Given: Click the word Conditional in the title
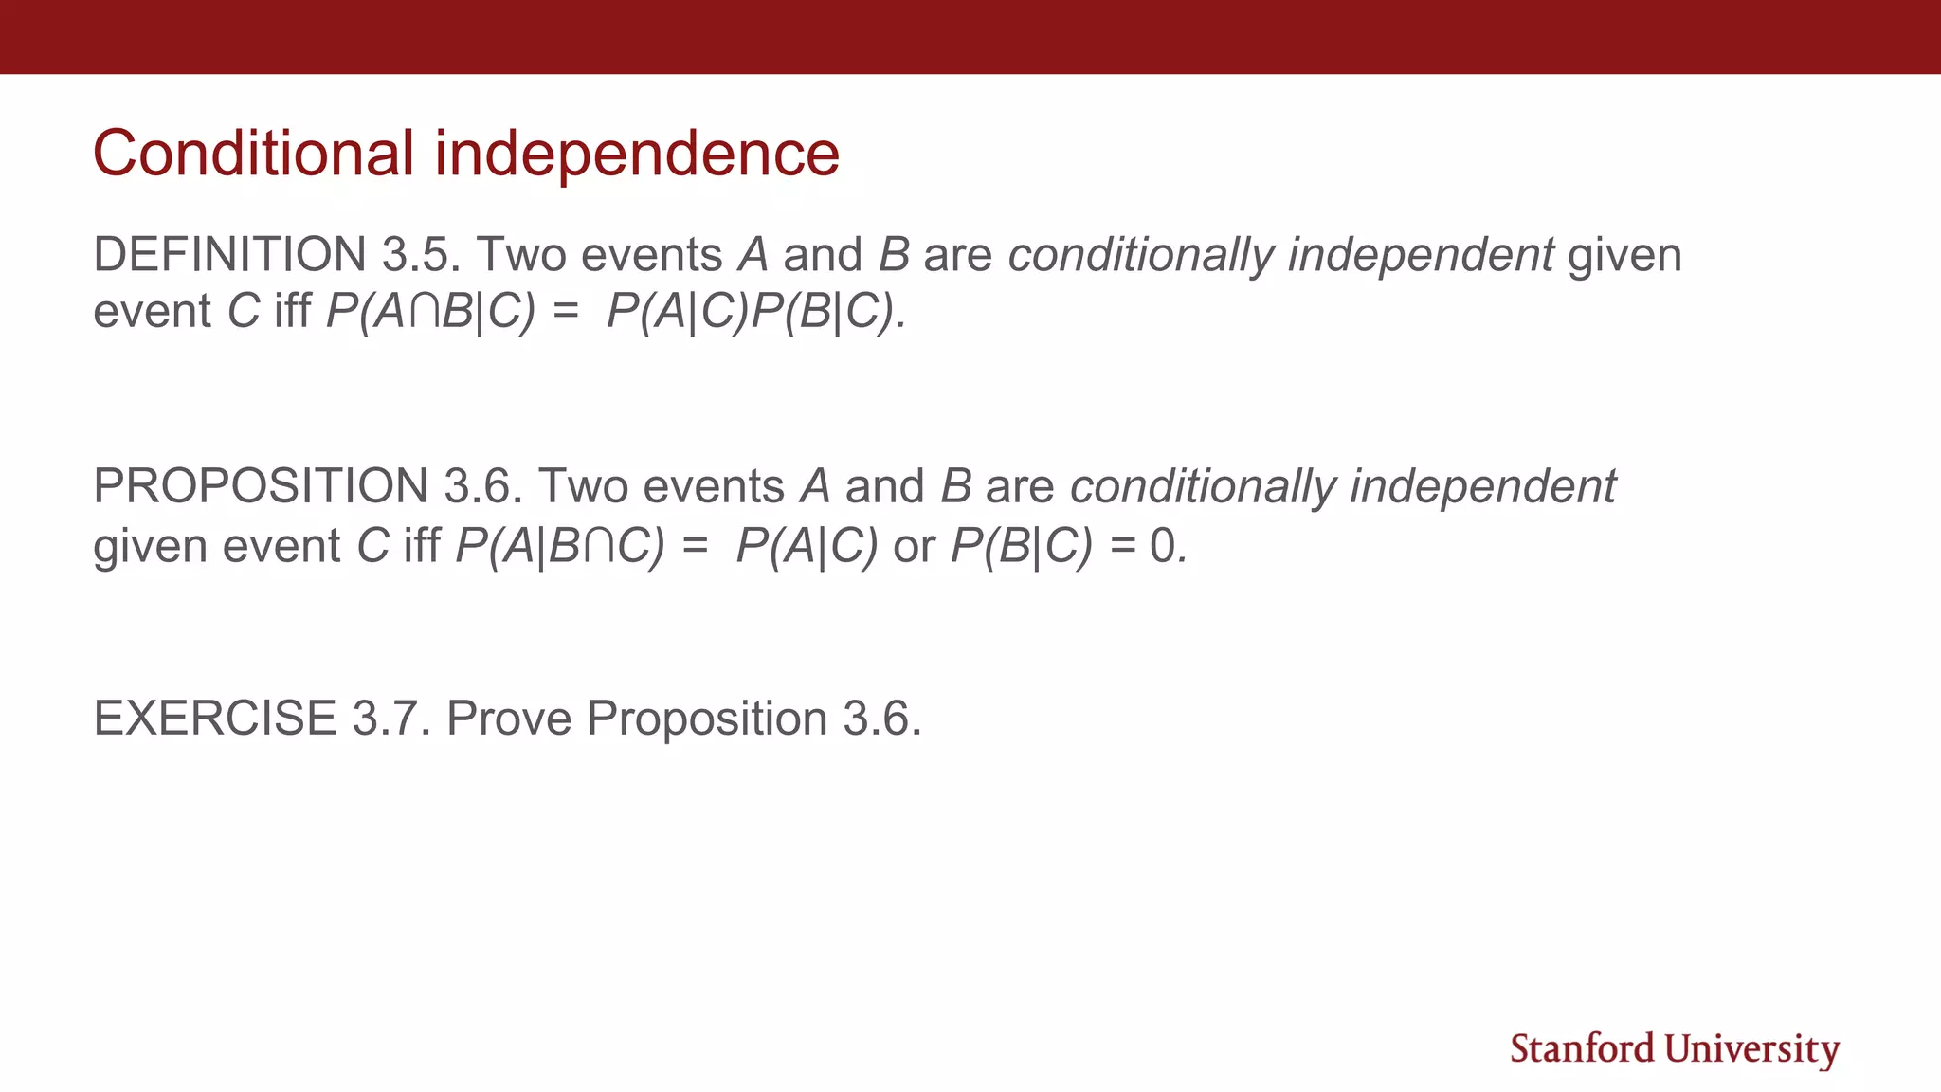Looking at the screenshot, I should point(253,153).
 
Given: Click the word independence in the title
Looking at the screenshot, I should point(637,153).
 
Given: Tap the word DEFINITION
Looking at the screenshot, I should point(229,254).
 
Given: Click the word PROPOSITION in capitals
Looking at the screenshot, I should point(261,485).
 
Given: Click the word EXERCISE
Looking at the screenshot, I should point(214,718).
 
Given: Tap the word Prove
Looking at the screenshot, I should point(509,718).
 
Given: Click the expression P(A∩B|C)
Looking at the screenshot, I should point(430,311).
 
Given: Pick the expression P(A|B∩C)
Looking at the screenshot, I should point(560,545).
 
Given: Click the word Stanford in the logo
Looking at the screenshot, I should point(1582,1049).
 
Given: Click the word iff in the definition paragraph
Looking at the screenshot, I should point(292,311).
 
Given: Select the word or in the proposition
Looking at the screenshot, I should point(914,545).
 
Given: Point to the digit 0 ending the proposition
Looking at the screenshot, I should point(1162,545).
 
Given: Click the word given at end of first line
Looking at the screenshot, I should point(1624,254).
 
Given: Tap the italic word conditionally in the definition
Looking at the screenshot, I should point(1140,254).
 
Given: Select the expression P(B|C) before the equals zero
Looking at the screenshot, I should point(1022,545).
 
